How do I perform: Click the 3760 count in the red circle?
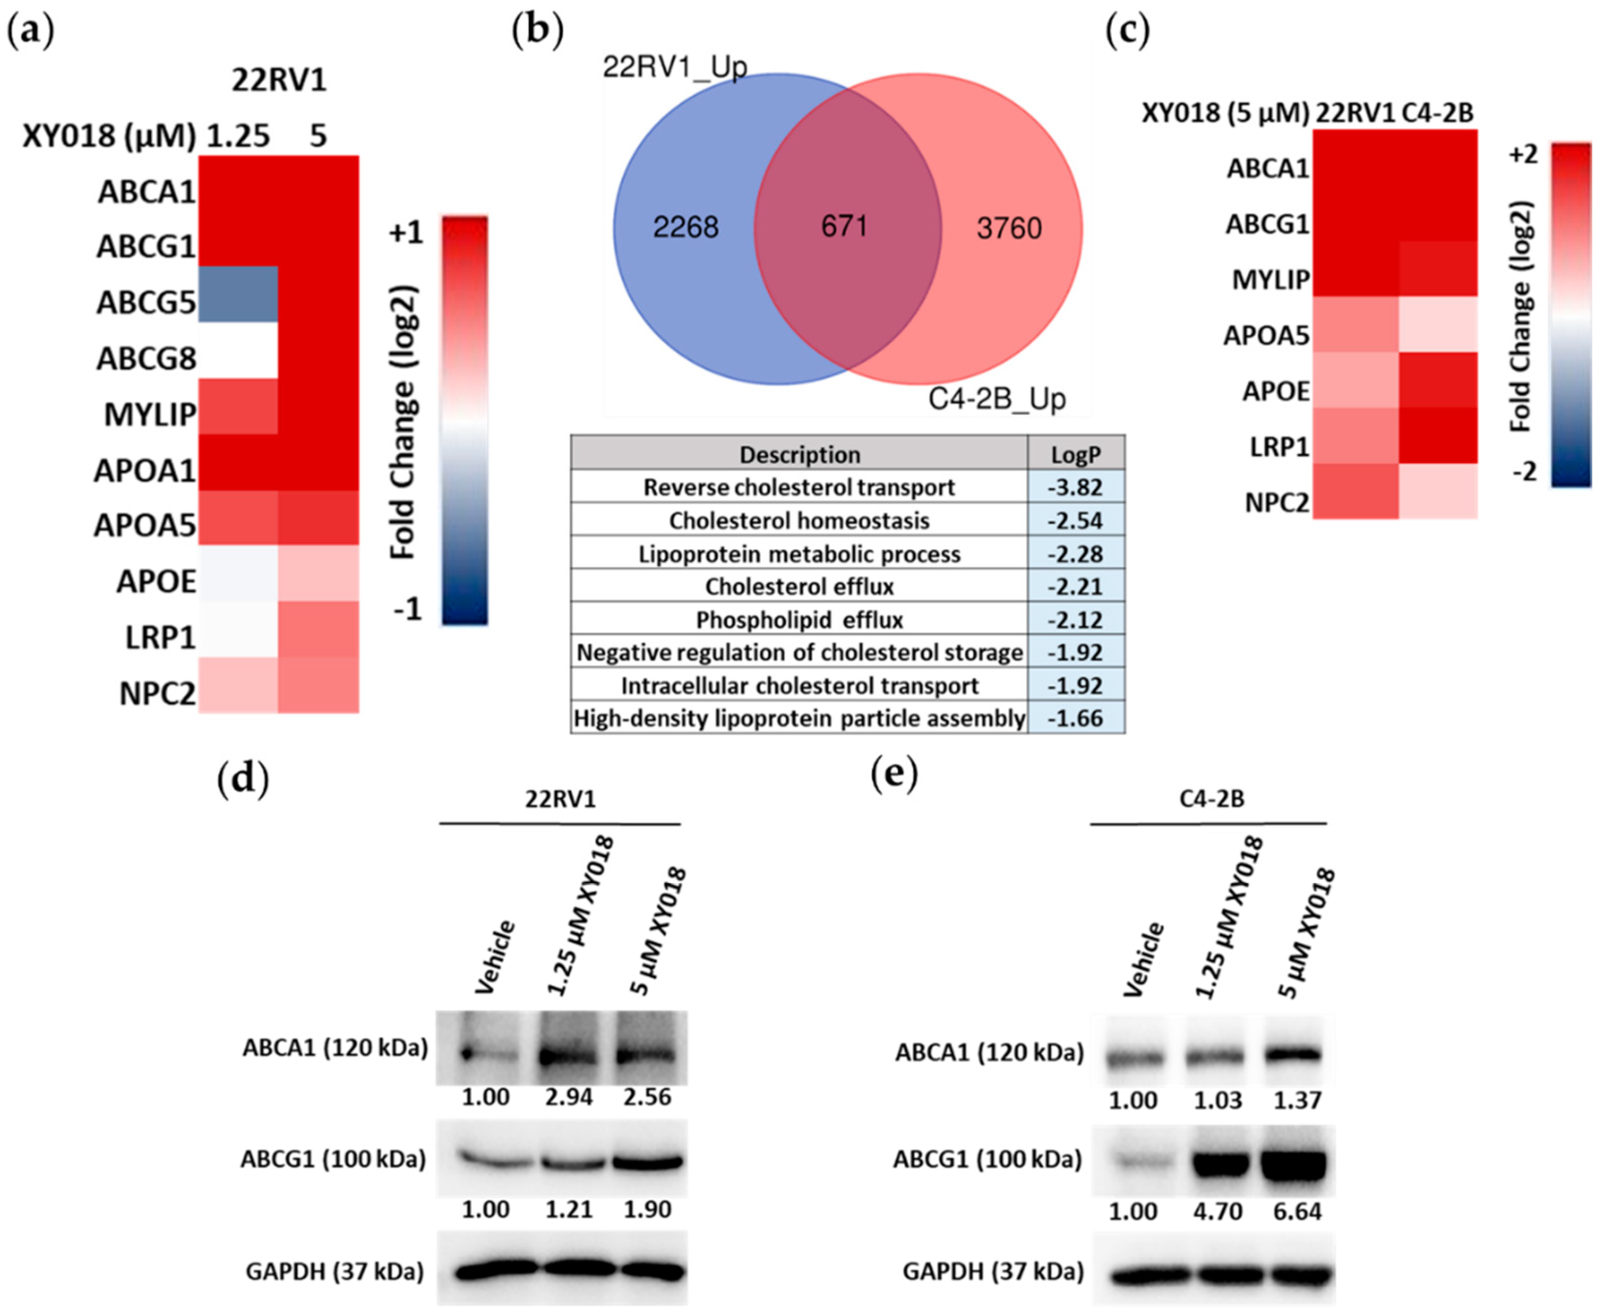1009,228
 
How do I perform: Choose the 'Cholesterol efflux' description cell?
799,586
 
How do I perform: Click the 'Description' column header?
799,454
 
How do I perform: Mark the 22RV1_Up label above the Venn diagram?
674,67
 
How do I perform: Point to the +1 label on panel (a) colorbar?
406,234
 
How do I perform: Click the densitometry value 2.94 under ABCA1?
569,1097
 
